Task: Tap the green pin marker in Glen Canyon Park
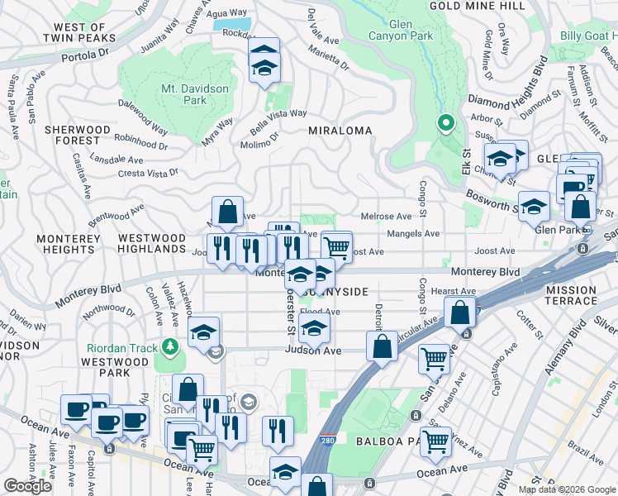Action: click(446, 124)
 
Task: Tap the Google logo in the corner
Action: click(28, 486)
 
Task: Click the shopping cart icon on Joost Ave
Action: click(336, 246)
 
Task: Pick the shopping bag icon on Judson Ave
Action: click(382, 346)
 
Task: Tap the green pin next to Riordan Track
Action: click(170, 345)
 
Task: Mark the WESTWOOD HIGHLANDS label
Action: click(152, 243)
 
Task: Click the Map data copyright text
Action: click(566, 489)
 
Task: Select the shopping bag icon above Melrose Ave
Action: click(227, 212)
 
